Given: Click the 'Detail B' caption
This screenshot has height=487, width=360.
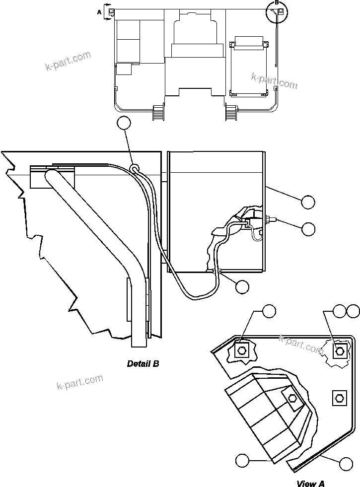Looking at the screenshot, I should pyautogui.click(x=143, y=364).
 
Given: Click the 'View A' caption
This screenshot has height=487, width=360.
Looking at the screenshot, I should pyautogui.click(x=311, y=483).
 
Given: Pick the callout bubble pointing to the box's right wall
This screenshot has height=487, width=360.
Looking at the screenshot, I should pyautogui.click(x=308, y=201).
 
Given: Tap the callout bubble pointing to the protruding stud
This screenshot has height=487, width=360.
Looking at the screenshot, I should pyautogui.click(x=308, y=228).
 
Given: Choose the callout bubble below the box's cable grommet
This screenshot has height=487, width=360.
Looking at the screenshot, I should pyautogui.click(x=242, y=286).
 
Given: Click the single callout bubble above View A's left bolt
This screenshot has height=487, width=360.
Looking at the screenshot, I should pyautogui.click(x=269, y=311).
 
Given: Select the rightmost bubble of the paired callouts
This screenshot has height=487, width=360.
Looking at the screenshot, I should pyautogui.click(x=353, y=311).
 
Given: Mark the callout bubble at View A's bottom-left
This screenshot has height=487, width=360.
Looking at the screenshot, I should pyautogui.click(x=242, y=460).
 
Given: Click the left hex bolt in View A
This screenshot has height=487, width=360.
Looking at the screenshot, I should pyautogui.click(x=242, y=350).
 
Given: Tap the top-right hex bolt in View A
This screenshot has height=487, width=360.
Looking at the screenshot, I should pyautogui.click(x=340, y=351).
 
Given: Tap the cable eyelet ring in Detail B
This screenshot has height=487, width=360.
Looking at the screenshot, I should pyautogui.click(x=134, y=169).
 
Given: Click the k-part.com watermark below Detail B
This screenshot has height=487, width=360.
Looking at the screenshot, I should pyautogui.click(x=80, y=382).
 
